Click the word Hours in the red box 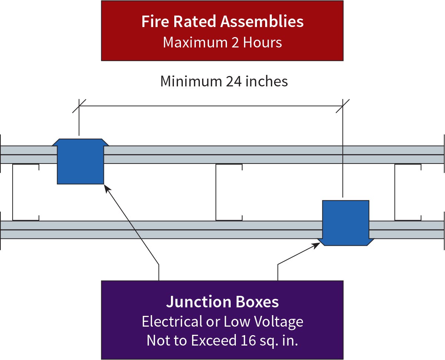pos(263,43)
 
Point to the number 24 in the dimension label pos(234,82)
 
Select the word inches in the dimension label pos(267,82)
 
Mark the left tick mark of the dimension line pos(79,106)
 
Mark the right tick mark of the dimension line pos(343,106)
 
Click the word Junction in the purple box pos(194,302)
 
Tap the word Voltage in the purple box pos(282,321)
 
